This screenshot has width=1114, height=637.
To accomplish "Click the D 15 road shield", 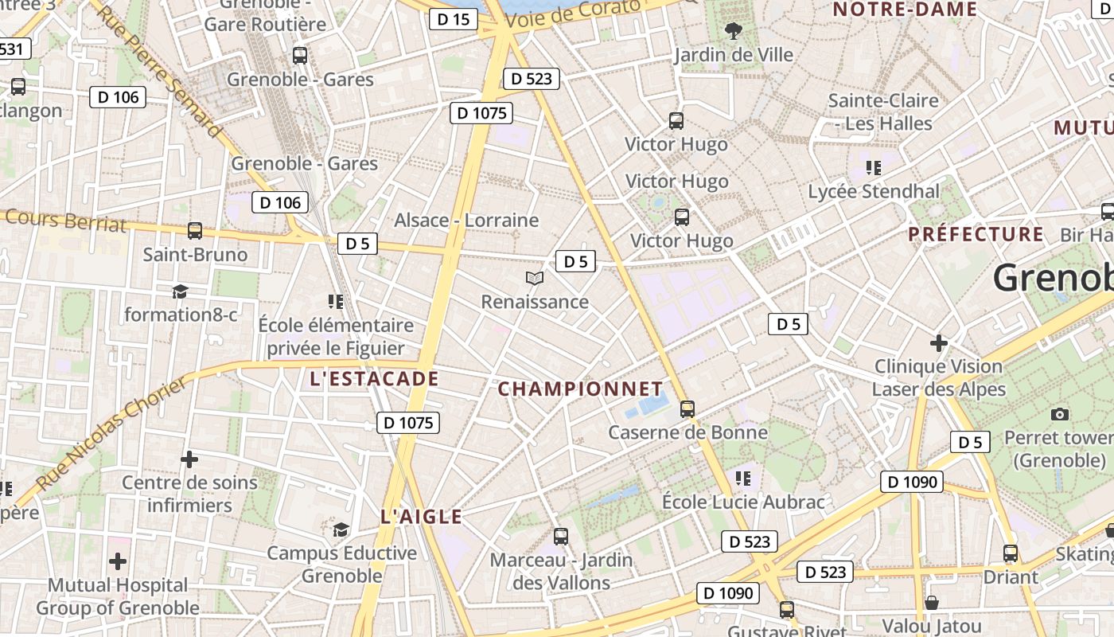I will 454,19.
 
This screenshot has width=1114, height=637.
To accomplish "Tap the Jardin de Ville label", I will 734,55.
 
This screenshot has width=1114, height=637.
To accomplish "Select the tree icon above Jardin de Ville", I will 733,31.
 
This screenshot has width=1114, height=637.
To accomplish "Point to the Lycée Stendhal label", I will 874,192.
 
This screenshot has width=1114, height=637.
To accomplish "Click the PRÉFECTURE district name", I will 976,234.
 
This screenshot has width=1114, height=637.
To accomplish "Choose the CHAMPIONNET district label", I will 580,389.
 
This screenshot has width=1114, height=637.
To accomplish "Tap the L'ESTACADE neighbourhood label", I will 375,379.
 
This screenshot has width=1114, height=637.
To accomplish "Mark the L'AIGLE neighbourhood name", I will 422,517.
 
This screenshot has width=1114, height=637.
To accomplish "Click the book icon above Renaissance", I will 535,278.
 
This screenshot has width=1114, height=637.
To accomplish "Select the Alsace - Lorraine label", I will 466,221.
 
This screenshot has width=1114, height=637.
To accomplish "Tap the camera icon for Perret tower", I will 1059,414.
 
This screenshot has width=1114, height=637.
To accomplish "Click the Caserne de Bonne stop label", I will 687,432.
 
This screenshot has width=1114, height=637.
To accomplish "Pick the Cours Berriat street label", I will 65,219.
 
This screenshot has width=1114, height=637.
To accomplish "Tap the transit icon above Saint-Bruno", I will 195,231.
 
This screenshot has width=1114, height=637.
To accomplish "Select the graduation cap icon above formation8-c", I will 181,291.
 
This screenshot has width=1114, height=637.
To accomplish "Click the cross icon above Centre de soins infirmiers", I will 189,459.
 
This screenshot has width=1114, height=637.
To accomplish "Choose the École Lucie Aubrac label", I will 743,502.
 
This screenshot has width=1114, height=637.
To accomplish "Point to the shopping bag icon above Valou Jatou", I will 931,602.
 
